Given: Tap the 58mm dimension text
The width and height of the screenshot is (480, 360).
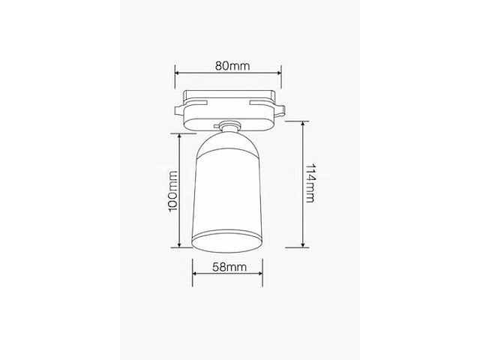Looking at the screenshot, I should (x=229, y=267).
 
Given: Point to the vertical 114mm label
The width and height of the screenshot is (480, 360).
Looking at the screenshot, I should (x=310, y=184).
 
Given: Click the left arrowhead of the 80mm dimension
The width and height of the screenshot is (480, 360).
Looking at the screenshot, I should (x=178, y=73).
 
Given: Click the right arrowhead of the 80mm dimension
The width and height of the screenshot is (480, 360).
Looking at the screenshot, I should (x=278, y=73).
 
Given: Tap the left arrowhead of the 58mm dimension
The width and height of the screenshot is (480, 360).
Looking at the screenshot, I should (x=195, y=274).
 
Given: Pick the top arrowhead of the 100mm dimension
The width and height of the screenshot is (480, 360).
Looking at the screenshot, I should (x=180, y=136).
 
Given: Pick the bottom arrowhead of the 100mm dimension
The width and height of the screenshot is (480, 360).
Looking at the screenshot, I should (x=180, y=244).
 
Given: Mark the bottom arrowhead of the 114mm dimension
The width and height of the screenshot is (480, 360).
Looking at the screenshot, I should (x=302, y=244).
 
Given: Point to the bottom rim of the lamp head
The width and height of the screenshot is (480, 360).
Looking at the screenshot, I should (x=229, y=241).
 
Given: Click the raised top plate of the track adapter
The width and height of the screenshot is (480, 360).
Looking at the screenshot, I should (x=229, y=97).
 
